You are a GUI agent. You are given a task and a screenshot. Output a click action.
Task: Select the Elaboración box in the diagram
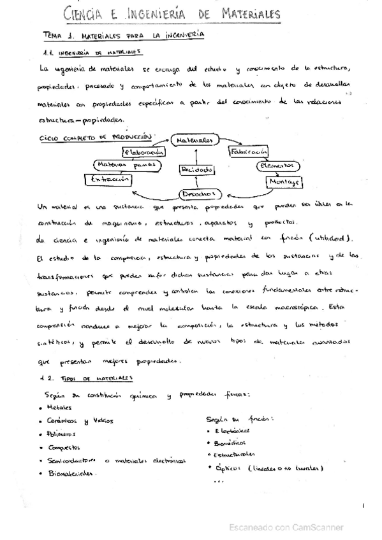point(145,152)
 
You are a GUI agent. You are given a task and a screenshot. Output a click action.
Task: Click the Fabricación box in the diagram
point(248,152)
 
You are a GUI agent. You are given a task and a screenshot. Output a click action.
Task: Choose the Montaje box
point(284,181)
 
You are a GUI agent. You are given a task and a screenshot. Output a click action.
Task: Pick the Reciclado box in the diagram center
point(197,170)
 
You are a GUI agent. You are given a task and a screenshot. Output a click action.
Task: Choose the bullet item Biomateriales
point(72,473)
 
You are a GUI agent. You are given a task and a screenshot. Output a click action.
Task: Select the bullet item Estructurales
point(235,454)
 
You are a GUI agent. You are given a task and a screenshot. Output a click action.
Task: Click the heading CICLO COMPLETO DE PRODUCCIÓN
point(95,136)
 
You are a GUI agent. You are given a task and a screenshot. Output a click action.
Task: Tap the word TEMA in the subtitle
point(54,37)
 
